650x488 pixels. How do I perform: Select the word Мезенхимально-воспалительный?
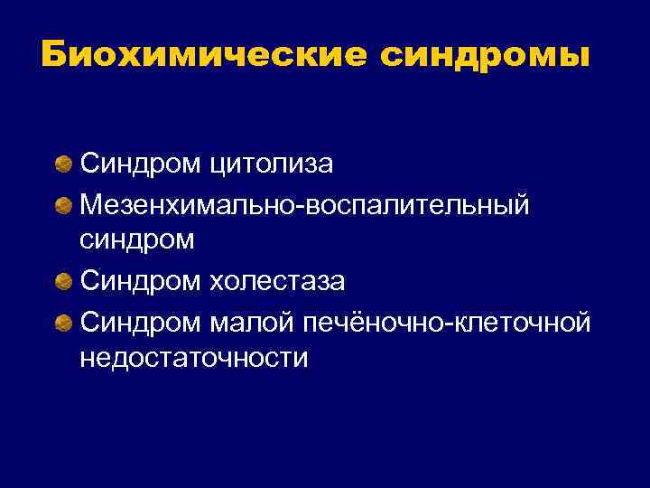click(304, 204)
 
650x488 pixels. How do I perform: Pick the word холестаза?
click(277, 282)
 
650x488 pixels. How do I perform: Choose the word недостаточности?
click(193, 359)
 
